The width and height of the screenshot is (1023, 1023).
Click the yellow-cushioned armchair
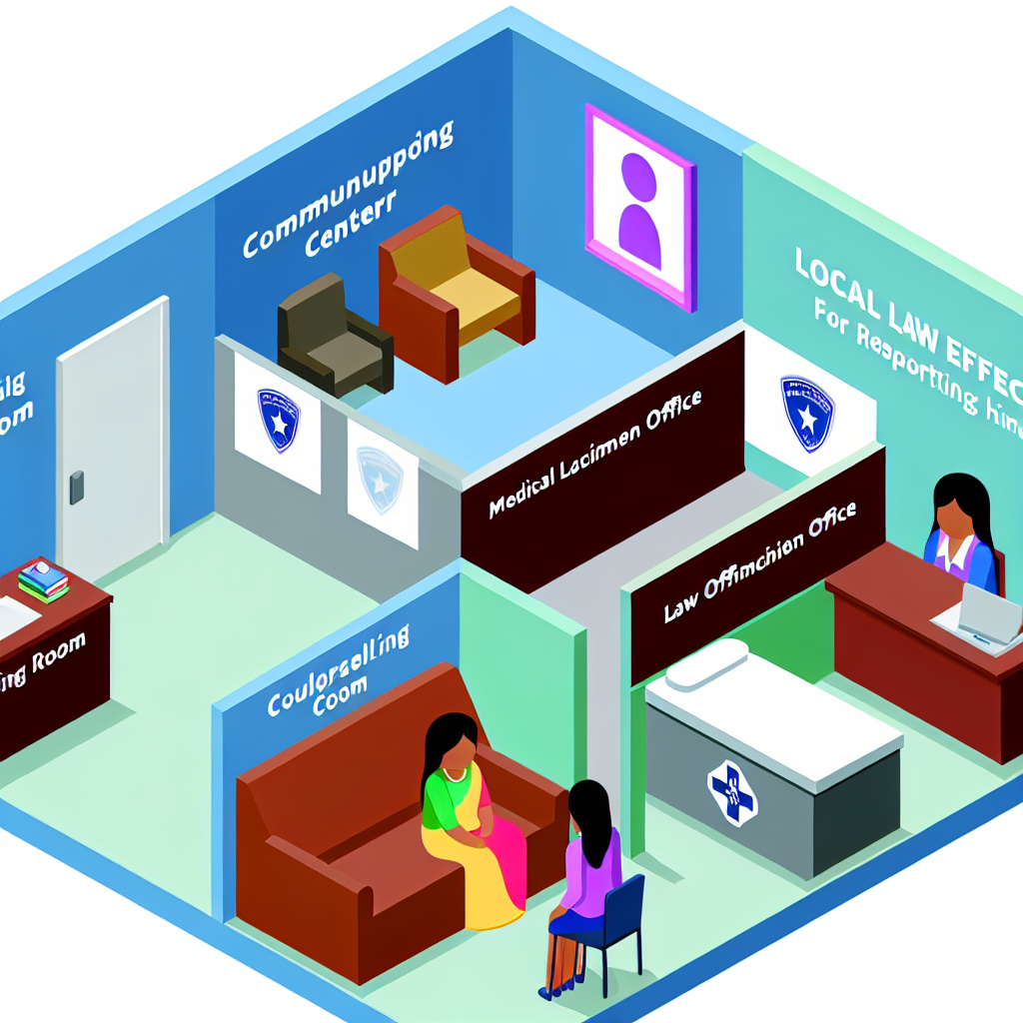(455, 290)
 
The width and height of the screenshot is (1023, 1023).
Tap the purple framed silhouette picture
(639, 206)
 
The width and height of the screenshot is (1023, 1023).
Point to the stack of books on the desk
(43, 580)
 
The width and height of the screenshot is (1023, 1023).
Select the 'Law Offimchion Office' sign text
(759, 564)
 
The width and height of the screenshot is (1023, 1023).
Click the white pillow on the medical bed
(706, 664)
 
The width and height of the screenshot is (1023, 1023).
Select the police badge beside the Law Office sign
(807, 412)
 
